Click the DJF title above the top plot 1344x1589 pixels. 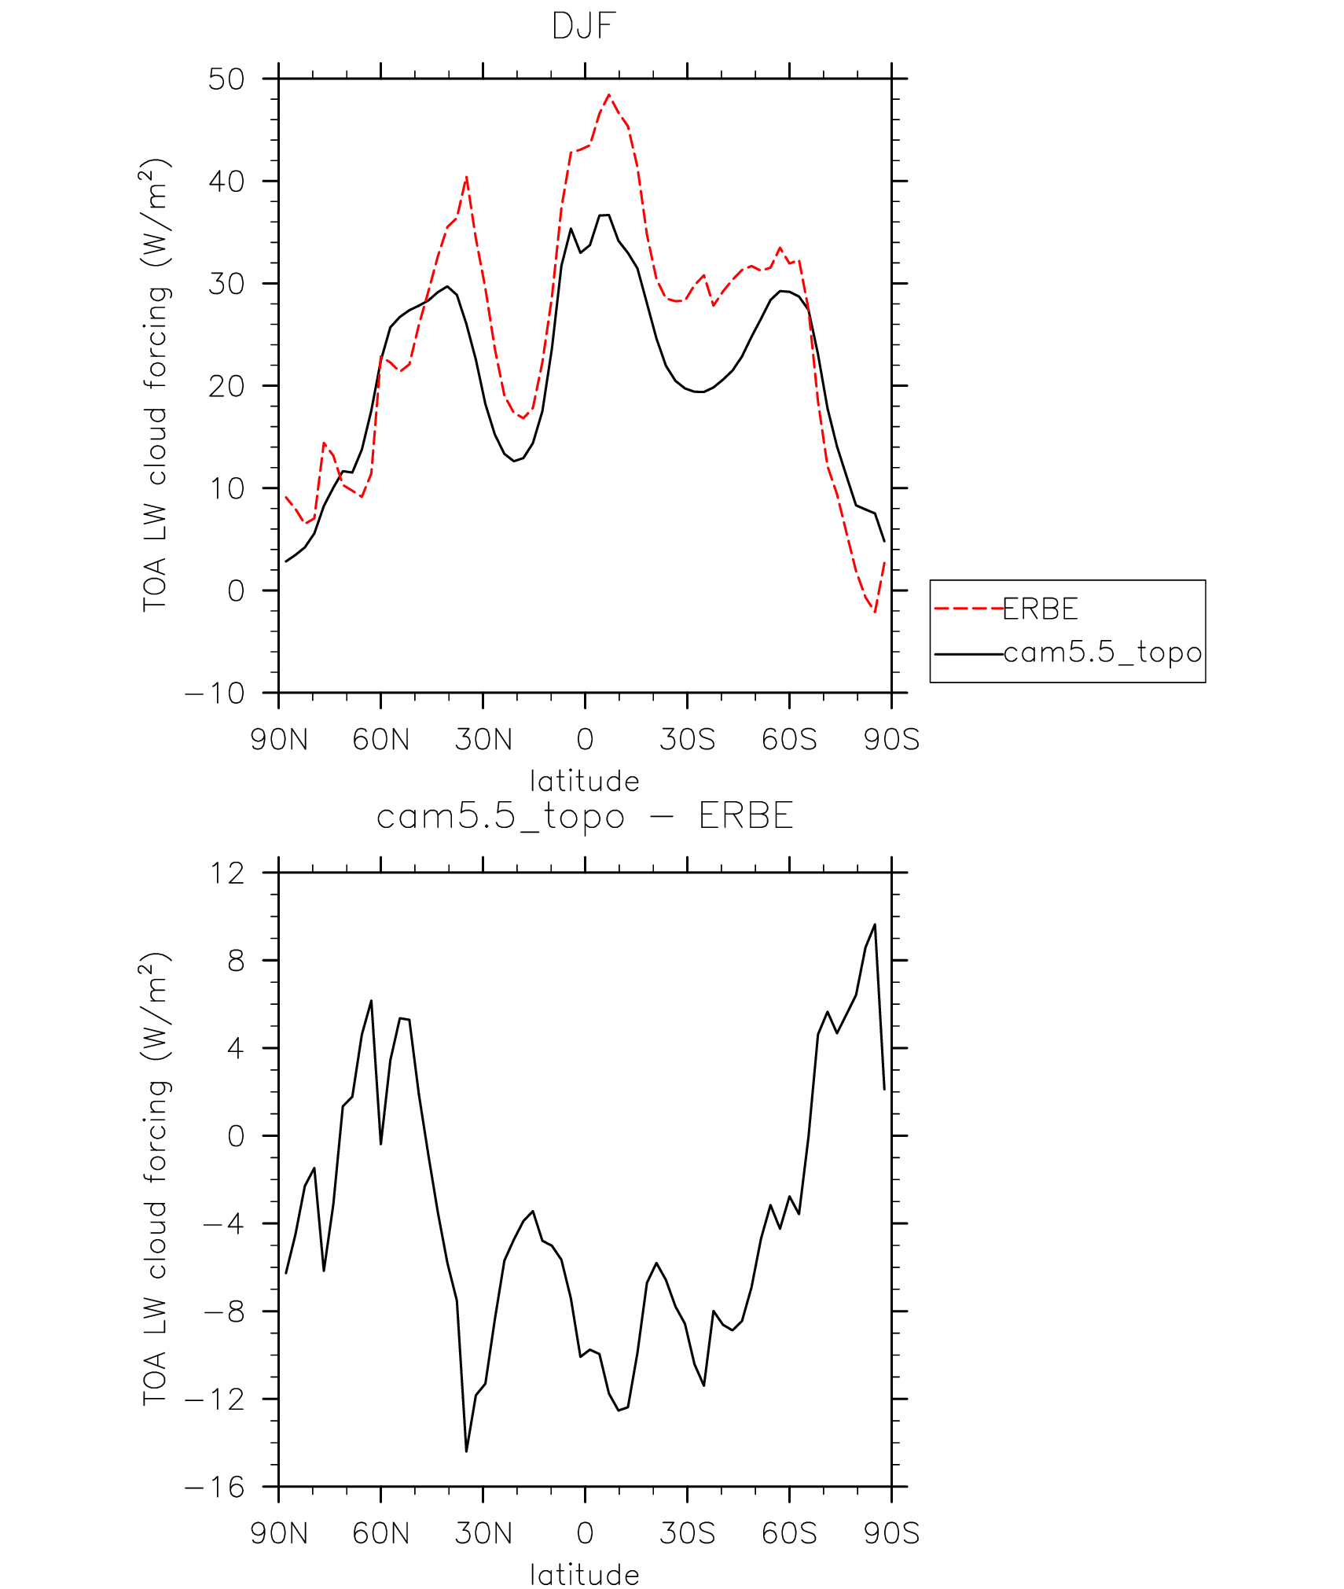tap(584, 27)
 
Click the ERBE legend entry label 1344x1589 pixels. tap(1041, 609)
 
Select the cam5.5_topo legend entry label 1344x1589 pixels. tap(1103, 653)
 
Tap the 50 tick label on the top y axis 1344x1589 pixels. tap(226, 79)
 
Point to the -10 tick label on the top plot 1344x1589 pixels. tap(215, 693)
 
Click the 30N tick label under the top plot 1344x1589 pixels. tap(483, 740)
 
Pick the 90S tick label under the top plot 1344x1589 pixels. tap(891, 740)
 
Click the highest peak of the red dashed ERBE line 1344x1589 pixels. tap(609, 95)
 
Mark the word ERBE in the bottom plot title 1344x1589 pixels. tap(746, 816)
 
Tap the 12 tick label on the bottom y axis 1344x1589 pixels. tap(226, 873)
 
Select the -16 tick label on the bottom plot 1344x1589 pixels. tap(215, 1487)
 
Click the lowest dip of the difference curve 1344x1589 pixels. tap(466, 1451)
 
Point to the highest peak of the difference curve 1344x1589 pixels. tap(875, 925)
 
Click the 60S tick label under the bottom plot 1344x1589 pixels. tap(789, 1534)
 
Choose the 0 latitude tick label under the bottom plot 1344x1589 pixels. tap(585, 1534)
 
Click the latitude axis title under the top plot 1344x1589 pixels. tap(584, 782)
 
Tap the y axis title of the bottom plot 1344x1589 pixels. tap(155, 1179)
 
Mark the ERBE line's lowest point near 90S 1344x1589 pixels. tap(875, 612)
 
